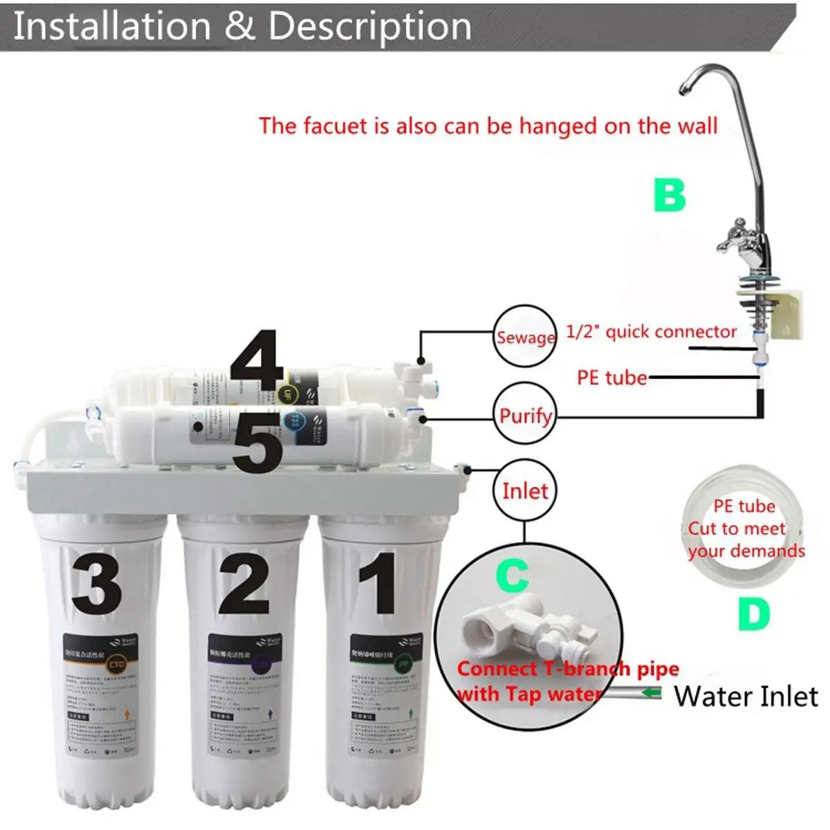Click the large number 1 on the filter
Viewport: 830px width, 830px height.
379,582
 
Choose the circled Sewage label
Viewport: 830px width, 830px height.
525,337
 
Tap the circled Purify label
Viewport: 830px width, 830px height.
525,416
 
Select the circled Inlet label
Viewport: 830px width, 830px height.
525,491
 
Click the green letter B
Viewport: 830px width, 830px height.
670,195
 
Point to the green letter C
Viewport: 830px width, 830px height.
513,575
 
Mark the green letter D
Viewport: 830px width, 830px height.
753,613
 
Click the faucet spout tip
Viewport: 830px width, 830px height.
683,89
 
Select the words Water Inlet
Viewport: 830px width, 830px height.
746,696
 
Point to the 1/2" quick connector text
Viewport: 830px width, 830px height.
651,332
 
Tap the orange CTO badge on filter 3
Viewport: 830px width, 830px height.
116,665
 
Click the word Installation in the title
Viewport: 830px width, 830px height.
112,26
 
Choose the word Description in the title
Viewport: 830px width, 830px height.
369,26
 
